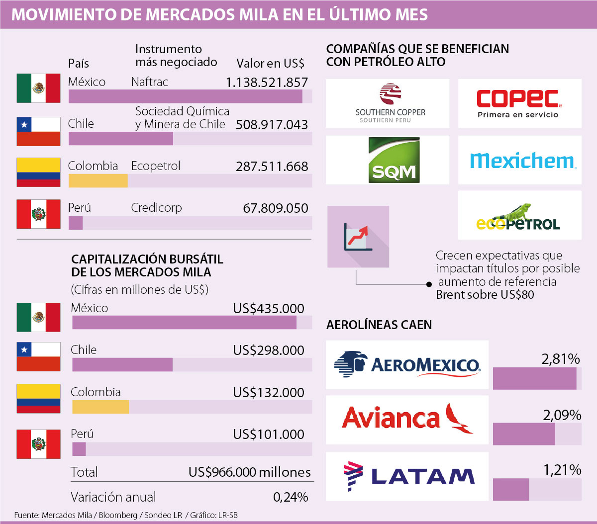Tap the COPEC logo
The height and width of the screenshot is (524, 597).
pyautogui.click(x=519, y=103)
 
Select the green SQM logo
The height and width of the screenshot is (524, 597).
pyautogui.click(x=394, y=160)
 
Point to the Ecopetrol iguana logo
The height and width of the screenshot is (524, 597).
pyautogui.click(x=518, y=217)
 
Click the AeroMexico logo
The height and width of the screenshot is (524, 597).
pyautogui.click(x=407, y=364)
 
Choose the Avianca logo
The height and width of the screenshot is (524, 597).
pyautogui.click(x=407, y=419)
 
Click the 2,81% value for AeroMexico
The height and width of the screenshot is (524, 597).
pyautogui.click(x=561, y=358)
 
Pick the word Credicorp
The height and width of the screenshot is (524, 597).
pyautogui.click(x=156, y=208)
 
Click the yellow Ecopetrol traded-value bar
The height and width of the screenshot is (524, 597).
pyautogui.click(x=98, y=181)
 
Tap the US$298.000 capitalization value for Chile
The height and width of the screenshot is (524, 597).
pyautogui.click(x=268, y=350)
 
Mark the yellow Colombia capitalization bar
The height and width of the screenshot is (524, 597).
pyautogui.click(x=100, y=407)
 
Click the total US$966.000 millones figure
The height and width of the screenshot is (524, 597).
pyautogui.click(x=249, y=472)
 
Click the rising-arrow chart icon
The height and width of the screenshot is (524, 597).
pyautogui.click(x=358, y=237)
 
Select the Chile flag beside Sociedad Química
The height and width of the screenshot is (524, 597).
pyautogui.click(x=38, y=131)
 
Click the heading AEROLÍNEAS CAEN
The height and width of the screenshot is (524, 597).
pyautogui.click(x=379, y=325)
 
